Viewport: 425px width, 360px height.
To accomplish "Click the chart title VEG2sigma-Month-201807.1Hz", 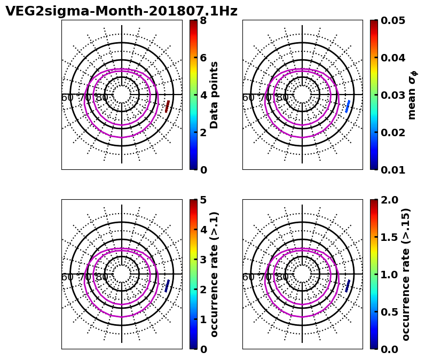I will click(x=121, y=11).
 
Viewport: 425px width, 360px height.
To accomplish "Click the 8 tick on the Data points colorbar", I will click(x=203, y=20).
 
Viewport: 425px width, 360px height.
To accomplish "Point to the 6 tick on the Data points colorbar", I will click(x=203, y=58).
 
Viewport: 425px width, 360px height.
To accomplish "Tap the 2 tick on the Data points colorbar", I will click(x=203, y=132).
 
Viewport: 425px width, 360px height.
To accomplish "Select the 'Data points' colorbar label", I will click(x=215, y=95).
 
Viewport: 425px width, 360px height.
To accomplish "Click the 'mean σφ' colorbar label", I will click(x=412, y=95).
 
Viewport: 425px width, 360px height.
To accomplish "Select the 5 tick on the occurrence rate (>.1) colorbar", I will click(x=203, y=200).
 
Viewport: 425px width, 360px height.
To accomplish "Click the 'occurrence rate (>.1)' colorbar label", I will click(x=215, y=275).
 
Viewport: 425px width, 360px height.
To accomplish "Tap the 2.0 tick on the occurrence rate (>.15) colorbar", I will click(x=390, y=200).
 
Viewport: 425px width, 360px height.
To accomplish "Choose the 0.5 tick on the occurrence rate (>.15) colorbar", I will click(x=390, y=312).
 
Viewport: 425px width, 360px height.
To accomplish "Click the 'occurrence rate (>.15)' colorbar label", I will click(x=406, y=275).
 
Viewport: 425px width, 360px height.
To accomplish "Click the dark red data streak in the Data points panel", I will click(x=168, y=106).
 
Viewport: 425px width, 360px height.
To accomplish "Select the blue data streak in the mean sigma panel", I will click(x=348, y=106).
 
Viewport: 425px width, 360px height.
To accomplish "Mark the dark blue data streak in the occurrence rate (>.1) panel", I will click(x=168, y=286).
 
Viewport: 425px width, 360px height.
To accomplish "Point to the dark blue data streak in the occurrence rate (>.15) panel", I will click(x=348, y=286).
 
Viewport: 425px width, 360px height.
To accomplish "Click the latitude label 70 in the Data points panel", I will click(x=85, y=98).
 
